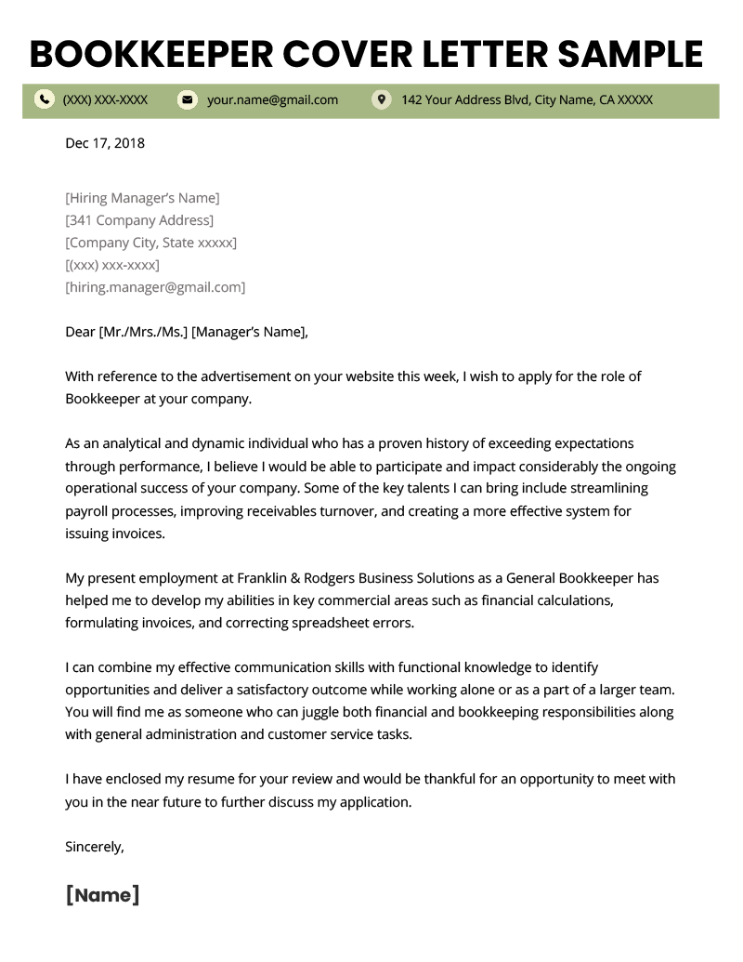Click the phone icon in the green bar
coord(44,99)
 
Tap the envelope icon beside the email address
coord(188,99)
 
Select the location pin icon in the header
coord(381,99)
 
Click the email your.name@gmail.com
coord(272,99)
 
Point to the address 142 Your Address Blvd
coord(527,99)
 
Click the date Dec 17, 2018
coord(105,143)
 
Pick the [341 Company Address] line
coord(139,220)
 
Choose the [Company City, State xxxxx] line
coord(150,243)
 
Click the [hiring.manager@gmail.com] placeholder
coord(155,287)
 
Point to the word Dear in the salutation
coord(80,332)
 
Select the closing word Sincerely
coord(94,847)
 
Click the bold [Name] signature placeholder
coord(102,895)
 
